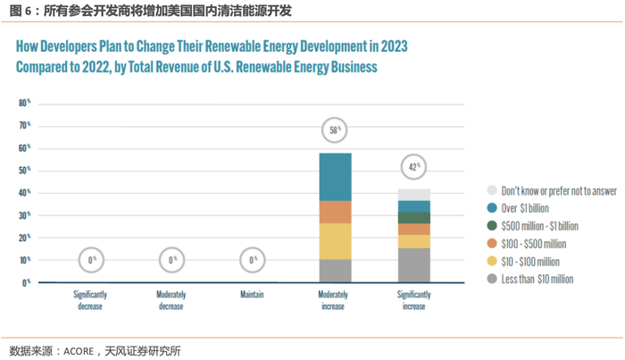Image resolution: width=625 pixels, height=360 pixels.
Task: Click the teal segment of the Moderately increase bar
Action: [335, 177]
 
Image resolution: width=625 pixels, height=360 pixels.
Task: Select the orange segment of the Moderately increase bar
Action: [335, 212]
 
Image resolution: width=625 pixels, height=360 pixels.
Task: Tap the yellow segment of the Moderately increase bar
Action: [335, 241]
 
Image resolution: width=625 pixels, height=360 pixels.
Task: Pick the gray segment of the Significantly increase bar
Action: [414, 265]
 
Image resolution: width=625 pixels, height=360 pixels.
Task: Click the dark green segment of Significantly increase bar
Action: [414, 218]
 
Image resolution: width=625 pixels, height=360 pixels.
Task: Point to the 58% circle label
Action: [335, 130]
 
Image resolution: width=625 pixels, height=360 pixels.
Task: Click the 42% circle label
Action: [414, 166]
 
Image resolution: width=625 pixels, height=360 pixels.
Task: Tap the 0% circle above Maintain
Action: [254, 260]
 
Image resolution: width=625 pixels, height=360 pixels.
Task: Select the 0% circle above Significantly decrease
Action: [92, 260]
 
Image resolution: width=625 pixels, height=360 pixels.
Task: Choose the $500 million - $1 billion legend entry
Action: [539, 226]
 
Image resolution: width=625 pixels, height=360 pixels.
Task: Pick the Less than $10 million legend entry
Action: [537, 279]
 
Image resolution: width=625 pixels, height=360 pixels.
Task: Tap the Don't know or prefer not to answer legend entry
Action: [558, 190]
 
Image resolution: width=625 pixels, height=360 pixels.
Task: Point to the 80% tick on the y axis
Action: [25, 104]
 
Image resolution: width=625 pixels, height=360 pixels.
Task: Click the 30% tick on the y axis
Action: [25, 215]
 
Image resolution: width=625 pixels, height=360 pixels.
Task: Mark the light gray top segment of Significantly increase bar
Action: [414, 195]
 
